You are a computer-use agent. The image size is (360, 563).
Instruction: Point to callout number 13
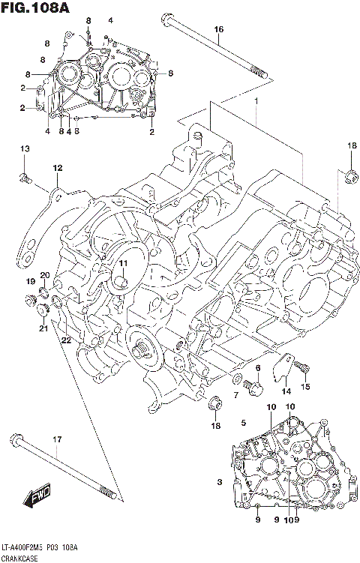(x=23, y=150)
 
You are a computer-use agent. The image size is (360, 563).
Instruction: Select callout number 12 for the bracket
(x=57, y=168)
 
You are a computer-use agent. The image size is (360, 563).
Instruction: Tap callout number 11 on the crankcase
(x=122, y=263)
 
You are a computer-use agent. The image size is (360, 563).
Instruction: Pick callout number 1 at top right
(x=256, y=101)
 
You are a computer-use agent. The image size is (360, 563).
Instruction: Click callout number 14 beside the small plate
(x=286, y=391)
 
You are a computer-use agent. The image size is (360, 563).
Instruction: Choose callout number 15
(x=305, y=386)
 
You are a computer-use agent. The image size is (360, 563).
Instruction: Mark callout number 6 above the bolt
(x=257, y=368)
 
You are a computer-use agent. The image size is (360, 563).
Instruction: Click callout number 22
(x=66, y=341)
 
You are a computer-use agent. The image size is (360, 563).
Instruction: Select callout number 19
(x=31, y=281)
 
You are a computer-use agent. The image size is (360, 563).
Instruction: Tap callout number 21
(x=43, y=328)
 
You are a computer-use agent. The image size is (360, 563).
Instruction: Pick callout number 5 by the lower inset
(x=243, y=424)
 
